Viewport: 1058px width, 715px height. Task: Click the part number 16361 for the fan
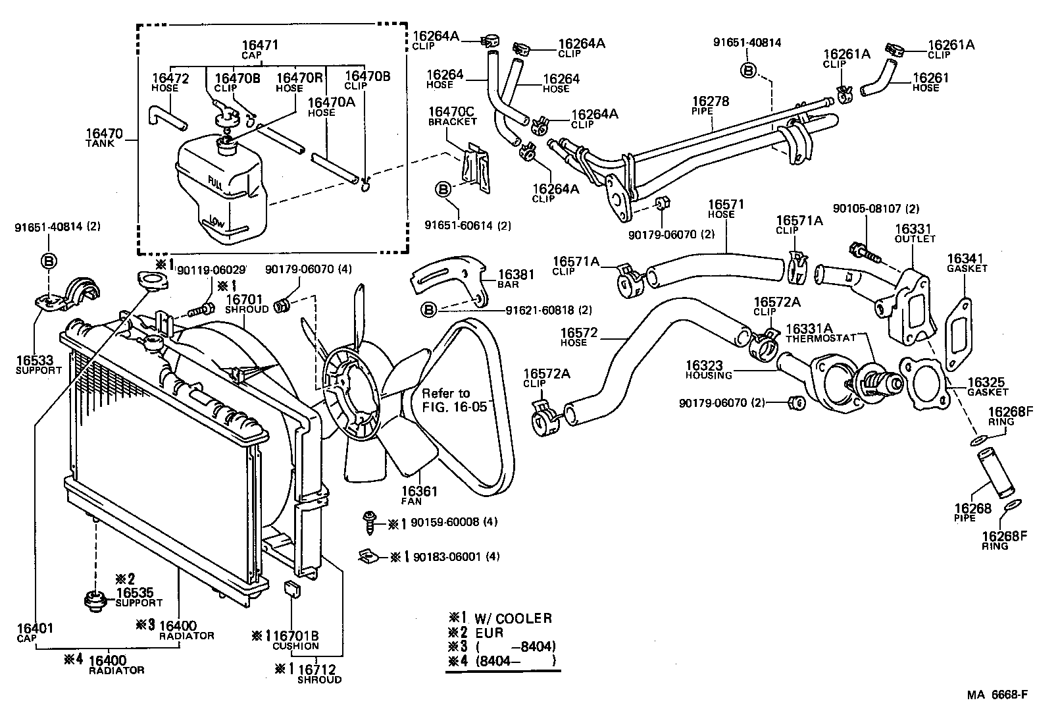(x=419, y=491)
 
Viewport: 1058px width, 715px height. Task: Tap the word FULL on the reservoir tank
(x=215, y=182)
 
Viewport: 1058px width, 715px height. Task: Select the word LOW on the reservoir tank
(x=217, y=222)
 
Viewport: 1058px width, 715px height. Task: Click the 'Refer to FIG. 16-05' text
(x=454, y=400)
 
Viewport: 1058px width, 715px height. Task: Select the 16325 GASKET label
(x=987, y=386)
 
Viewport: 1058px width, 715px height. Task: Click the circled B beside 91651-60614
(x=443, y=190)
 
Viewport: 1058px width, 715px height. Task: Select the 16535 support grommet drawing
(x=96, y=601)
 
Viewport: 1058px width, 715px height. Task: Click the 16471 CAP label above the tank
(x=261, y=49)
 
